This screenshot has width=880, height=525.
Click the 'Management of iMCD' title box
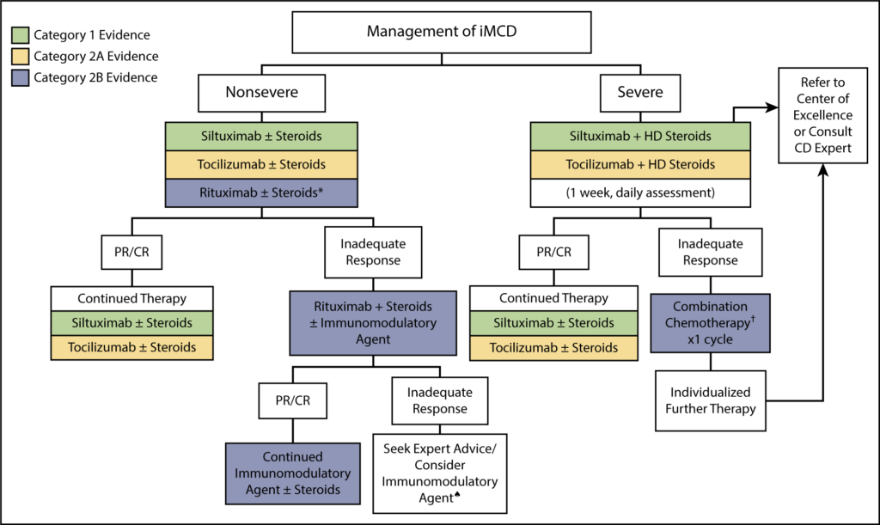click(441, 32)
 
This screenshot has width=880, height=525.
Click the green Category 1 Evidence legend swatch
click(20, 35)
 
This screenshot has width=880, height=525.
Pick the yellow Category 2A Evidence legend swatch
click(20, 57)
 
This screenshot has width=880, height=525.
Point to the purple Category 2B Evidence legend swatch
click(20, 77)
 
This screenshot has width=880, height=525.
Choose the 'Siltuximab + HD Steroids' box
click(639, 137)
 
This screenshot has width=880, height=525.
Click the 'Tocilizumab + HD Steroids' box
click(639, 165)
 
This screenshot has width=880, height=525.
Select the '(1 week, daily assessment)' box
click(639, 193)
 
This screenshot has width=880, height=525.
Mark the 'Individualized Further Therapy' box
click(710, 399)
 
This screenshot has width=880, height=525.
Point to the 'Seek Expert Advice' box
click(440, 473)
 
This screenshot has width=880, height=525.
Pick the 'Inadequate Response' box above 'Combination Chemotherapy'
click(710, 252)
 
